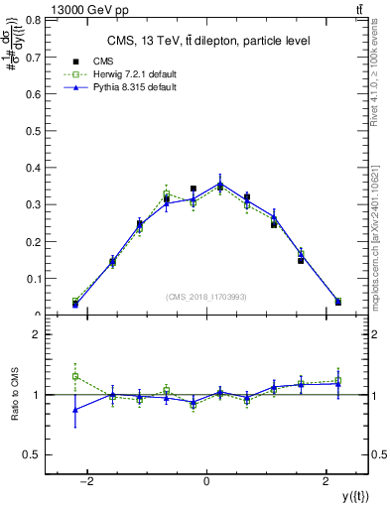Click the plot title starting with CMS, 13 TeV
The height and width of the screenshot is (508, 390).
click(x=207, y=41)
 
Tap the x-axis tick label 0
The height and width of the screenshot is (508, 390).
click(x=206, y=481)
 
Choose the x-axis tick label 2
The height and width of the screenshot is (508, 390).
click(x=326, y=481)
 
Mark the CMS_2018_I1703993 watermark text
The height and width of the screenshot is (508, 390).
click(x=206, y=297)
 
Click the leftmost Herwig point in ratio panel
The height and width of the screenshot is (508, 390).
click(x=75, y=376)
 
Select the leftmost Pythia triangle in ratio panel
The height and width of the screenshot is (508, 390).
click(x=75, y=409)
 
